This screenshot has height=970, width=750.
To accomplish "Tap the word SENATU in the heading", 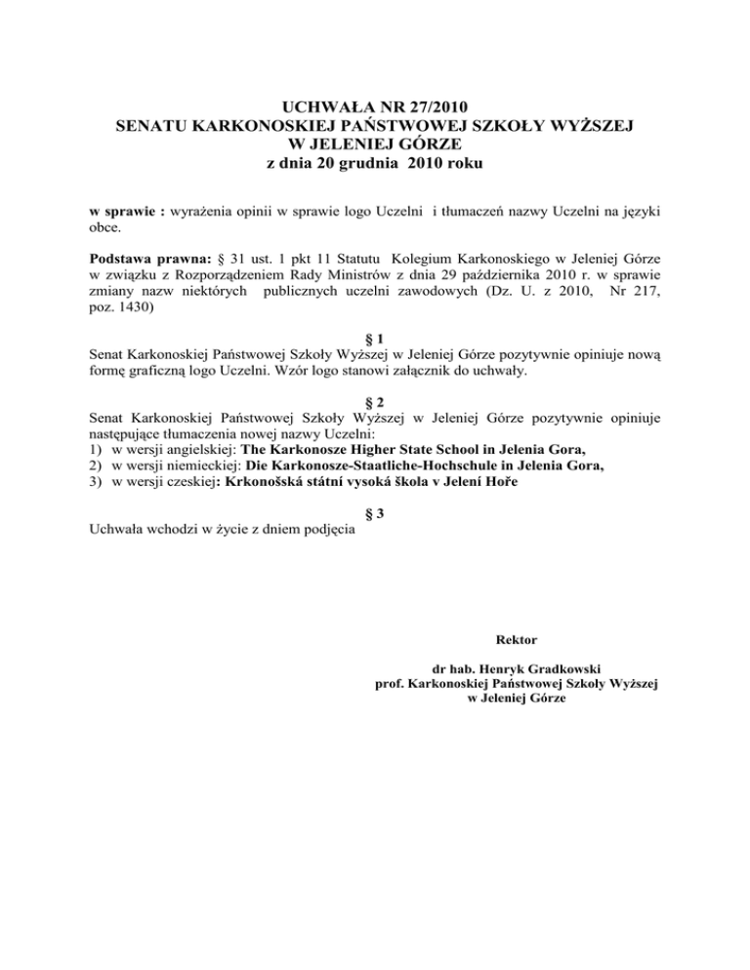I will (x=155, y=125).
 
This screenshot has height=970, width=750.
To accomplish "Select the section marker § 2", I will (x=375, y=401).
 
